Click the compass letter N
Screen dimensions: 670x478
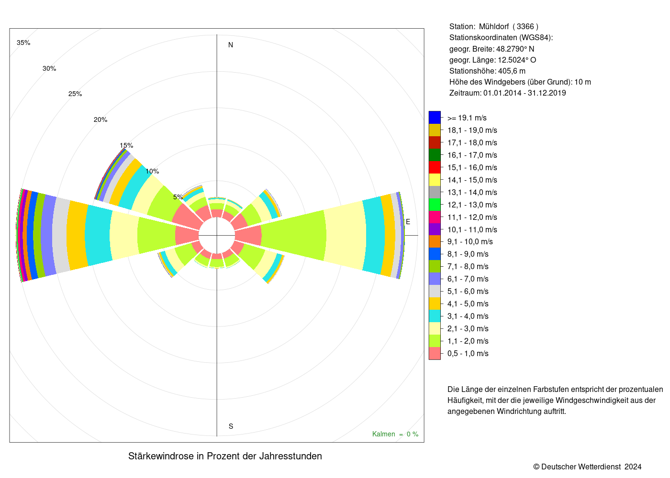tap(231, 45)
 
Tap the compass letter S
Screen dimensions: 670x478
tap(231, 426)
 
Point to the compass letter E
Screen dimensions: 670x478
tap(408, 222)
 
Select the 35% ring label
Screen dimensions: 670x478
tap(23, 43)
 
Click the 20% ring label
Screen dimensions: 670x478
tap(100, 120)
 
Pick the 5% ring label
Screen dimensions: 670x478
tap(178, 197)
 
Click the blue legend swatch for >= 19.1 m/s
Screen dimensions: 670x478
tap(435, 118)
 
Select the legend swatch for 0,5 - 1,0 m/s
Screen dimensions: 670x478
tap(435, 353)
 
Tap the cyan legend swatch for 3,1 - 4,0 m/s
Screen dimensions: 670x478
tap(435, 316)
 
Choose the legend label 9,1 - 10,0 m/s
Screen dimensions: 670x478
tap(470, 242)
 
